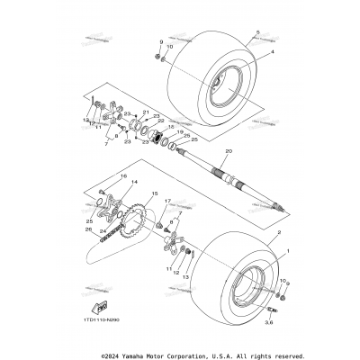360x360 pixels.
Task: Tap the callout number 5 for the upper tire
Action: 256,33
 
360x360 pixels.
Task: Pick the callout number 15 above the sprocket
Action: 155,194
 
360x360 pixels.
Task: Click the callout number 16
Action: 125,176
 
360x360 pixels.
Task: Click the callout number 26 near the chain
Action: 88,229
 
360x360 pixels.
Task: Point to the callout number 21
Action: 145,113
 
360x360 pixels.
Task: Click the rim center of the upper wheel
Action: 220,89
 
